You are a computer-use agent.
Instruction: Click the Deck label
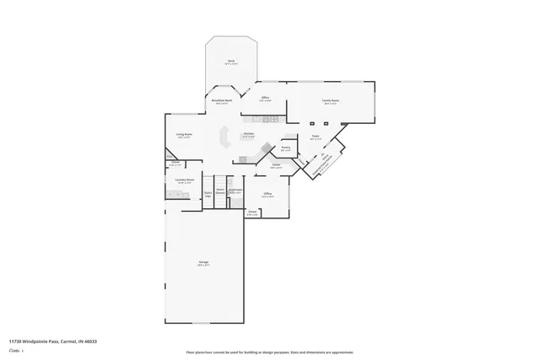[230, 61]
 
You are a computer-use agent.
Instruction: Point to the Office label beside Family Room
[264, 98]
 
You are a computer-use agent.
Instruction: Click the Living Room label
[184, 134]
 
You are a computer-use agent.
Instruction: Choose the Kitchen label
[249, 133]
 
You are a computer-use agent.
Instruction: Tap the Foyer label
[315, 136]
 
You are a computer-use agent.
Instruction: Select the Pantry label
[286, 148]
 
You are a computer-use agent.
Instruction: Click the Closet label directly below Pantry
[276, 165]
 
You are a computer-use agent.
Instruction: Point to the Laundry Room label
[186, 180]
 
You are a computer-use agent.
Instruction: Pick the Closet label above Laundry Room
[175, 163]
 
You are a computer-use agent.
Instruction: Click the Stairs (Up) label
[207, 194]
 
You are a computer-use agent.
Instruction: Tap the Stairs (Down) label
[220, 191]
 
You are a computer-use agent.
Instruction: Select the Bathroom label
[235, 191]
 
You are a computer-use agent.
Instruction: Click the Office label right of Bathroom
[267, 195]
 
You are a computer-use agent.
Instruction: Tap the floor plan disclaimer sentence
[269, 352]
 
